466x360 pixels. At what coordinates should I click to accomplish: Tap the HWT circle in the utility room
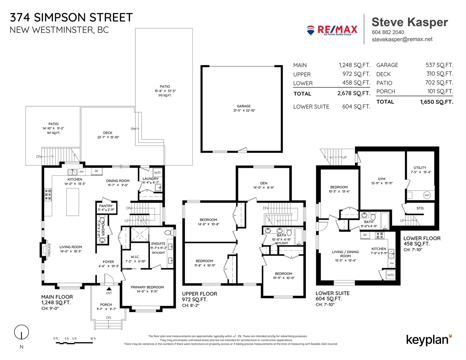point(427,195)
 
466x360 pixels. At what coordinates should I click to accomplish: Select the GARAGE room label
point(243,106)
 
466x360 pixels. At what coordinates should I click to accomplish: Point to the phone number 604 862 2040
point(388,32)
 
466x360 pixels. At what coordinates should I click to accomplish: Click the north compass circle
point(22,332)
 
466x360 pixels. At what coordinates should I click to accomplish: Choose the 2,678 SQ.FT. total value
point(354,93)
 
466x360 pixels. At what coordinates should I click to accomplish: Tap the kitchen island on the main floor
point(73,202)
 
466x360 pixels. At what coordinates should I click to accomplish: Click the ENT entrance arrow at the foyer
point(109,289)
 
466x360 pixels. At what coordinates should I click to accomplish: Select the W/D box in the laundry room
point(157,173)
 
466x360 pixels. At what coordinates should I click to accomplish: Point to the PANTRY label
point(106,206)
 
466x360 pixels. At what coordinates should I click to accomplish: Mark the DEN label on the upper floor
point(264,183)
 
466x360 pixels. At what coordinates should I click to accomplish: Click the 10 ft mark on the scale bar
point(93,338)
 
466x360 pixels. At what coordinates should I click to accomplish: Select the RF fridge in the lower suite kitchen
point(365,235)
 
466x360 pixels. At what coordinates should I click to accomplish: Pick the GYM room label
point(382,179)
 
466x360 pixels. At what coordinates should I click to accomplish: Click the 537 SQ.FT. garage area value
point(439,65)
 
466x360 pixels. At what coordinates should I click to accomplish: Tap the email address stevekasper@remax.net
point(402,39)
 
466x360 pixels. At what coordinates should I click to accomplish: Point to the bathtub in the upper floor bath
point(299,236)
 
